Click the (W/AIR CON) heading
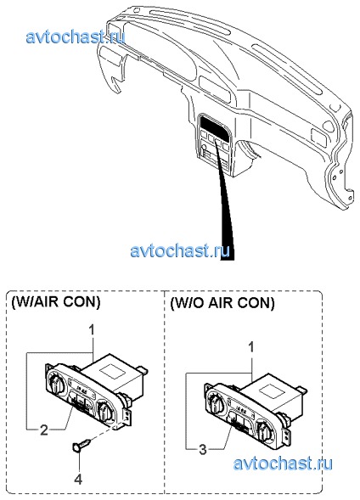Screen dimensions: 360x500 [56, 302]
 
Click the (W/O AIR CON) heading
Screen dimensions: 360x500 [222, 303]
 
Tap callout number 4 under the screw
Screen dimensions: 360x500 [78, 479]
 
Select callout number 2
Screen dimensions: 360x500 [43, 430]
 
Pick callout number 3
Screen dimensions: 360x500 [203, 450]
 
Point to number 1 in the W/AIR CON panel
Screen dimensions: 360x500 [92, 330]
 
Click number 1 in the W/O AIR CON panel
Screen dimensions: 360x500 [251, 347]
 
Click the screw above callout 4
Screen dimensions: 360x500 [82, 445]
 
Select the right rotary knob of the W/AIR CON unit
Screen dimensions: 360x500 [104, 412]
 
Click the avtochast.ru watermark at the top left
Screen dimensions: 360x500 [75, 37]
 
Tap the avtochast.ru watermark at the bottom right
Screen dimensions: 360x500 [283, 463]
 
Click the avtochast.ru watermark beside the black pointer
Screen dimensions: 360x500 [180, 250]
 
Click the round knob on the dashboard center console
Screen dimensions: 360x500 [204, 147]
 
